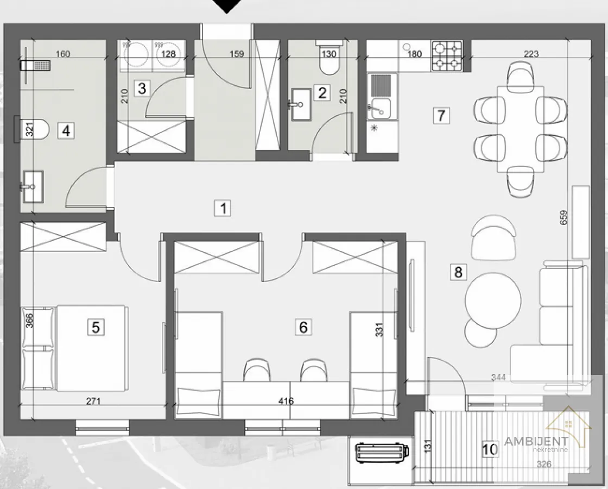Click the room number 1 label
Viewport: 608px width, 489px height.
click(x=223, y=208)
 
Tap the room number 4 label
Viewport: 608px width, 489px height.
click(x=66, y=130)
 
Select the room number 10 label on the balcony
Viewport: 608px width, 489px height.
click(x=489, y=449)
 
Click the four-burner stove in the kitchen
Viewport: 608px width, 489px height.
click(x=447, y=56)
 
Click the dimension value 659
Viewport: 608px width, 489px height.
click(x=563, y=217)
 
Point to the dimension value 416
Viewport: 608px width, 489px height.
click(x=286, y=402)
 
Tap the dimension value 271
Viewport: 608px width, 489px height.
click(x=93, y=402)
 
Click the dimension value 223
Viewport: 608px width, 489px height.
click(x=531, y=54)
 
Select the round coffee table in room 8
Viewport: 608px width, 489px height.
click(x=493, y=301)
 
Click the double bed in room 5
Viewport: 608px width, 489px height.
click(x=74, y=348)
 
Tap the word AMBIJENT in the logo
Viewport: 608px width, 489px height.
click(x=536, y=441)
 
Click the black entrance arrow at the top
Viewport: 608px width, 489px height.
click(x=227, y=7)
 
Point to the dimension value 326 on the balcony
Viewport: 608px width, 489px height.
click(x=543, y=464)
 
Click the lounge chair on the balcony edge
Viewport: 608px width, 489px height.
click(x=382, y=453)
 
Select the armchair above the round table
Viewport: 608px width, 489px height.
click(x=493, y=237)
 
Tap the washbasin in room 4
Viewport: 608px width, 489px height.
click(x=33, y=187)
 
